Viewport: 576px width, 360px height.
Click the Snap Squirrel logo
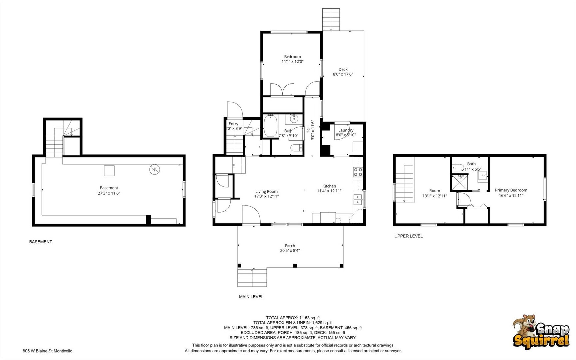[x=541, y=332]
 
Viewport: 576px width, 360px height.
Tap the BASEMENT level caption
[x=41, y=242]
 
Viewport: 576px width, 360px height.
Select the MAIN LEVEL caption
[x=251, y=297]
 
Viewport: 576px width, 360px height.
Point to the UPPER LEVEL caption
[x=408, y=236]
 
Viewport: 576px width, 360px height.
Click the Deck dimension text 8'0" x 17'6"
[x=343, y=74]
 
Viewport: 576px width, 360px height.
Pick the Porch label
[x=290, y=246]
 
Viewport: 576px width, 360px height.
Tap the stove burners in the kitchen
[x=358, y=172]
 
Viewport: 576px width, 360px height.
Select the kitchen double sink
[x=358, y=199]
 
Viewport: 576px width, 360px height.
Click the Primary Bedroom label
[x=511, y=190]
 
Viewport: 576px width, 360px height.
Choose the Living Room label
[x=266, y=191]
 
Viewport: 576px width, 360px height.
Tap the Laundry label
[x=346, y=130]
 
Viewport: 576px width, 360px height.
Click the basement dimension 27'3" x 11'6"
[x=109, y=193]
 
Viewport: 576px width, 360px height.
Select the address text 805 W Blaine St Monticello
[x=47, y=351]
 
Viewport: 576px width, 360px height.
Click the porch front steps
[x=252, y=277]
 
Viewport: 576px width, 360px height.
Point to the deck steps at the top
[x=331, y=19]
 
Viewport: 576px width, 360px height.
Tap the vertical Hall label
[x=308, y=130]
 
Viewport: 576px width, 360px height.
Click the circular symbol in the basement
[x=155, y=169]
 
